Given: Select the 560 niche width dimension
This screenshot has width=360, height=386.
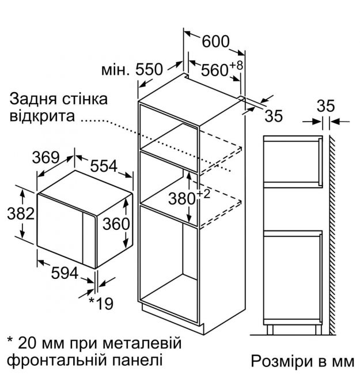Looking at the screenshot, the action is (215, 70).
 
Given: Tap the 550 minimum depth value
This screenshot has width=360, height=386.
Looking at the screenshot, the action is (149, 69).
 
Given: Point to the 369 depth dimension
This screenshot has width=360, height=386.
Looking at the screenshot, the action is (46, 157).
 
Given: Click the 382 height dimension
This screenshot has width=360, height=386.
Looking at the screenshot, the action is (21, 213).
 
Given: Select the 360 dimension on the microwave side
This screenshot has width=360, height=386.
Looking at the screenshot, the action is (116, 224).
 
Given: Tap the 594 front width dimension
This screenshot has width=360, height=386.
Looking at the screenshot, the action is (65, 273).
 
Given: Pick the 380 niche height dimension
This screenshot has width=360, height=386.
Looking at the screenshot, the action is (182, 198).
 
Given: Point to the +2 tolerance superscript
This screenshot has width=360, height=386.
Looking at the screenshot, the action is (203, 194).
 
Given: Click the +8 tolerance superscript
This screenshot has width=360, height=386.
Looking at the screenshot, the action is (236, 66).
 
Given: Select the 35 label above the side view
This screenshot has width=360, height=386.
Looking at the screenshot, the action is (325, 106).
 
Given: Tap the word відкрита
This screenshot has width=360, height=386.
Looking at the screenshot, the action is (42, 116).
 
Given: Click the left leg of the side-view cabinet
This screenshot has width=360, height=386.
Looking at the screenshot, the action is (270, 330).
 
